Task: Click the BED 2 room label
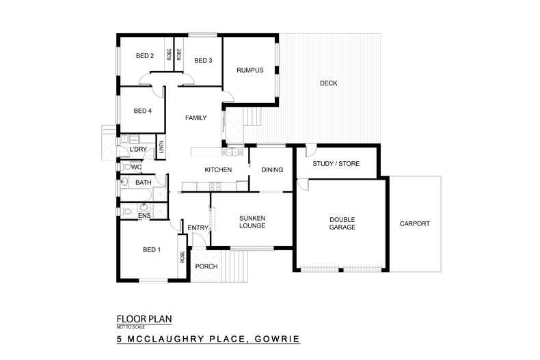[x=144, y=56]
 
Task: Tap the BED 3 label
[x=203, y=60]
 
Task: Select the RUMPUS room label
[x=249, y=70]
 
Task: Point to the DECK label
[x=329, y=83]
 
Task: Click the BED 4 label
[x=141, y=111]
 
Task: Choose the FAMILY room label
[x=195, y=118]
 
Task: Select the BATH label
[x=143, y=183]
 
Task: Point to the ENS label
[x=144, y=216]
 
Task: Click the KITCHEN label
[x=218, y=169]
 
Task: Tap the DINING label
[x=272, y=169]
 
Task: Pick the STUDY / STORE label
[x=336, y=164]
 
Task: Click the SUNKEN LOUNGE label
[x=252, y=223]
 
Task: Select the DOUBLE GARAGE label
[x=342, y=223]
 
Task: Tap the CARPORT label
[x=414, y=223]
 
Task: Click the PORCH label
[x=206, y=266]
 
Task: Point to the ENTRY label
[x=198, y=228]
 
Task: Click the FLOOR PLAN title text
[x=144, y=318]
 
